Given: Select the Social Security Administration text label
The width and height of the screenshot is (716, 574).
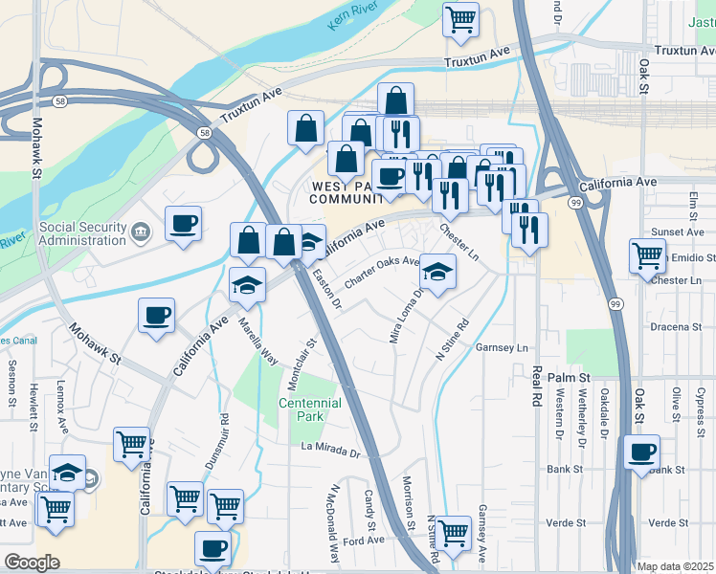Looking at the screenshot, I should click(x=83, y=232).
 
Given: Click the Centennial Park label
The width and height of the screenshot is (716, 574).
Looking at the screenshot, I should click(x=309, y=409).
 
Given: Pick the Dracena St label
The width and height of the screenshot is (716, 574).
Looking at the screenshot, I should click(x=676, y=327).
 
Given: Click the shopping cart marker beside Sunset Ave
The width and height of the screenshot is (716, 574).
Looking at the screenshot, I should click(x=647, y=255).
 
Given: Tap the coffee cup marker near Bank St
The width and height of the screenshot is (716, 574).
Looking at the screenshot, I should click(x=641, y=452).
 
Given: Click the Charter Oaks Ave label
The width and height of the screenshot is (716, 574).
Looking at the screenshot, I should click(x=381, y=270).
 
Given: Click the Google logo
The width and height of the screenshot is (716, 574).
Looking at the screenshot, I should click(x=31, y=563).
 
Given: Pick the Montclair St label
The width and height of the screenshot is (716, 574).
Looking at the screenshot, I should click(x=308, y=367).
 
